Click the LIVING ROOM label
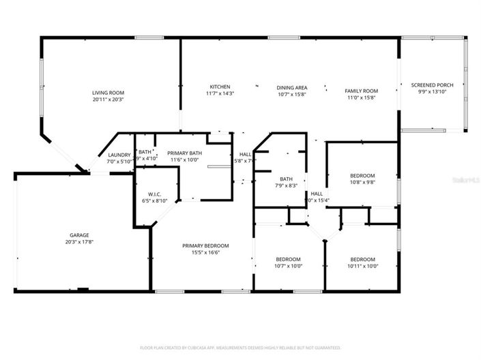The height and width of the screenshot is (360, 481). (108, 92)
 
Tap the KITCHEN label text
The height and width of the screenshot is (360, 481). (220, 87)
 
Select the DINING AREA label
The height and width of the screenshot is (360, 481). (291, 87)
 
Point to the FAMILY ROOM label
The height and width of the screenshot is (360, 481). (361, 91)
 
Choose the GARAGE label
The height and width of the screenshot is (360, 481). (79, 235)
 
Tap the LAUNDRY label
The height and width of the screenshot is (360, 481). (119, 155)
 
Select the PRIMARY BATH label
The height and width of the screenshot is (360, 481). (185, 153)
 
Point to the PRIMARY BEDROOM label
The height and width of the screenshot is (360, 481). (205, 245)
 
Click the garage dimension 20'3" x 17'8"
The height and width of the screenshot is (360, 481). (79, 241)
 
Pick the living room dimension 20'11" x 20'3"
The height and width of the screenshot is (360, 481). (108, 99)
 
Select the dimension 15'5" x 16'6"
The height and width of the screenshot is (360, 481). (205, 252)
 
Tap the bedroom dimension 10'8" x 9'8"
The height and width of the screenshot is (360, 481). (362, 182)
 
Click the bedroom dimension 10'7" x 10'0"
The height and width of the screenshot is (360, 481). (288, 266)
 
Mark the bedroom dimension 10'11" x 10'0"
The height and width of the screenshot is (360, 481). (362, 266)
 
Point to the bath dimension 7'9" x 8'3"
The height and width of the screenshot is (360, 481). (286, 185)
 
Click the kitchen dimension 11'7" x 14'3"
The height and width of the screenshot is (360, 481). (220, 93)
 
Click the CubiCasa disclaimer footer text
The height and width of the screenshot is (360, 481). (240, 347)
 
